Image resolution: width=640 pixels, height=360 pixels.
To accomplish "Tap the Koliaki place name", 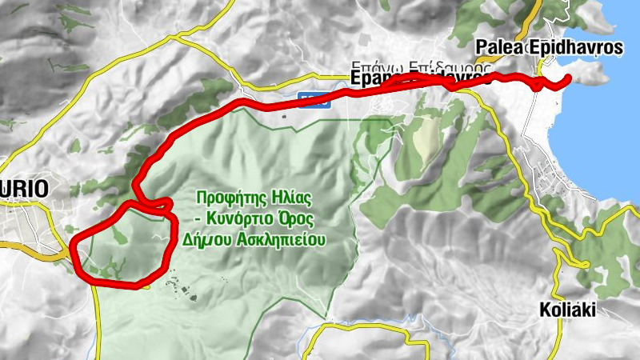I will (x=568, y=310).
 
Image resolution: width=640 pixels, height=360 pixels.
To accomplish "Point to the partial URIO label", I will (x=24, y=189).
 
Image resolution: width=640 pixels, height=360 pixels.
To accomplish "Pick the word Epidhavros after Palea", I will (x=575, y=47).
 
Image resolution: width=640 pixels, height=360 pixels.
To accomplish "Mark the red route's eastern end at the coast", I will (x=568, y=78).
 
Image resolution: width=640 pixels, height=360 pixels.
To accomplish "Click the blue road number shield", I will (x=309, y=97).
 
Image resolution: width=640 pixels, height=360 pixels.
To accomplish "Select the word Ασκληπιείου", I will (x=278, y=239).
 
